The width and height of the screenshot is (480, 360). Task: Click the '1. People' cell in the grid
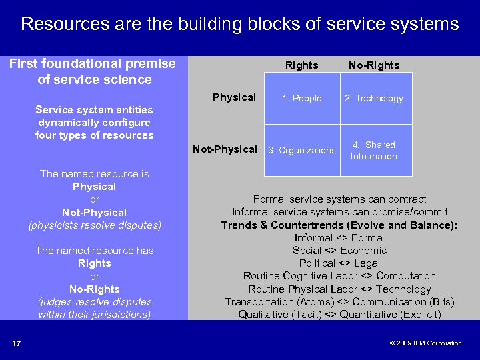coord(301,98)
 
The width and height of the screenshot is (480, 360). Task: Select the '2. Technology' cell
coord(373,98)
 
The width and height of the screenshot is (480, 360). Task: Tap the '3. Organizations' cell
coord(301,151)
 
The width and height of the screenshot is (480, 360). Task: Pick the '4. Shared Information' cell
coord(373,151)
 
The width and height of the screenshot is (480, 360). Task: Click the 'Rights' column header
coord(301,65)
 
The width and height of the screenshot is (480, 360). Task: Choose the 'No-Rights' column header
coord(373,65)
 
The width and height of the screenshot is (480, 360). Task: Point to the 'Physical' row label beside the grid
coord(234,97)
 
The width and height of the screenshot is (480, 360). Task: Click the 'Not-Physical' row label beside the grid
coord(225,149)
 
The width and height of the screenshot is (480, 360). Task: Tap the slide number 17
coord(16,343)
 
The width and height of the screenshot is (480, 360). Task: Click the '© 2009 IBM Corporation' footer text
coord(425,343)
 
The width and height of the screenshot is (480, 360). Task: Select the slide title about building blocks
coord(240,25)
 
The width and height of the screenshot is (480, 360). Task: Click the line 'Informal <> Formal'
coord(339,238)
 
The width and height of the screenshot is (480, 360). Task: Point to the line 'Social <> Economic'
coord(339,251)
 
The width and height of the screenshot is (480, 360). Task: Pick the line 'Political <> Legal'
coord(339,263)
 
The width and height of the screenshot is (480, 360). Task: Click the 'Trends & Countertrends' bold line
coord(339,225)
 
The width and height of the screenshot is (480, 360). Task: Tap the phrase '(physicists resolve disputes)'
coord(95,225)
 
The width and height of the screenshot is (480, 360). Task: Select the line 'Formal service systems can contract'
coord(339,199)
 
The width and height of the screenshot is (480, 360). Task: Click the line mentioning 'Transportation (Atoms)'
coord(339,302)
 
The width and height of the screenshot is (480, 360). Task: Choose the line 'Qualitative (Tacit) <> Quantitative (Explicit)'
coord(339,315)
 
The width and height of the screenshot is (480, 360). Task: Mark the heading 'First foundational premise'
coord(92,64)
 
